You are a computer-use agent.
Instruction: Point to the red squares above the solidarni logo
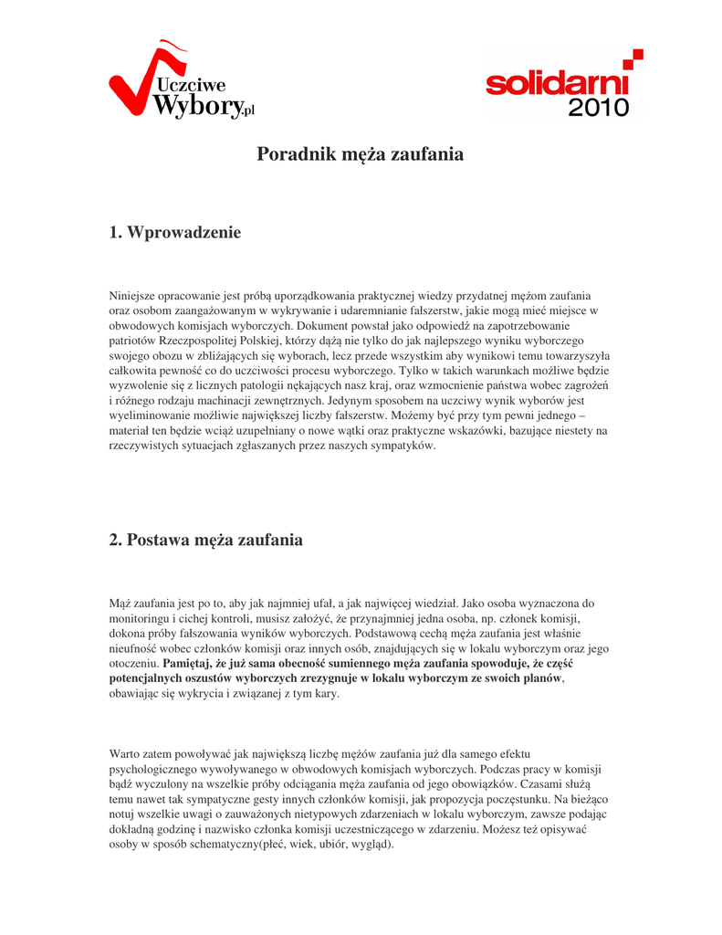(x=633, y=58)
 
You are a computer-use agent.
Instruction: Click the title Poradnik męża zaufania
(x=360, y=154)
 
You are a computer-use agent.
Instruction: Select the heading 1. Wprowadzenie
(x=175, y=233)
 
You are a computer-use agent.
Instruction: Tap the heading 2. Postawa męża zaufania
(x=205, y=540)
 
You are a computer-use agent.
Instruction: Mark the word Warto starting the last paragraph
(x=126, y=754)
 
